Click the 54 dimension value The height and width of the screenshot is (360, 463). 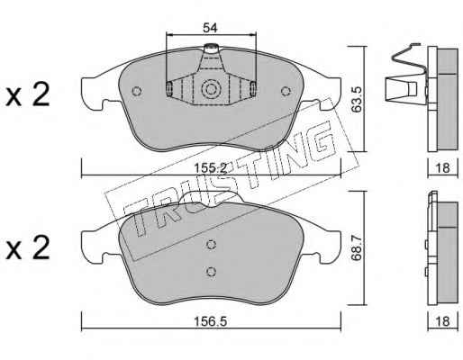pos(210,28)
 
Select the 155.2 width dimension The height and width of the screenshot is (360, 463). pos(210,168)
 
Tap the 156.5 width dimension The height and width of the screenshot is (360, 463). pos(210,322)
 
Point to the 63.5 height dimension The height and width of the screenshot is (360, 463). pos(357,100)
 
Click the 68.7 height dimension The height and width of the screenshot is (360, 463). pos(357,248)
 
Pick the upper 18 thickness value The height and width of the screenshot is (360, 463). pos(442,167)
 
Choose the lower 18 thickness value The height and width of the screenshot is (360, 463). pos(442,321)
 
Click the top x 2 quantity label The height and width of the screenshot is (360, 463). pos(28,94)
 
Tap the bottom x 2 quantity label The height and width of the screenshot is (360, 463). pos(28,247)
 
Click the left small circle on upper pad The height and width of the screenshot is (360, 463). pos(137,91)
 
